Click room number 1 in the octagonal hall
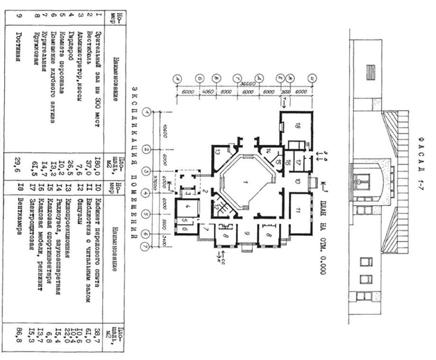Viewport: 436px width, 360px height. (x=246, y=181)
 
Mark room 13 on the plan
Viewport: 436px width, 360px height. (x=217, y=152)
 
